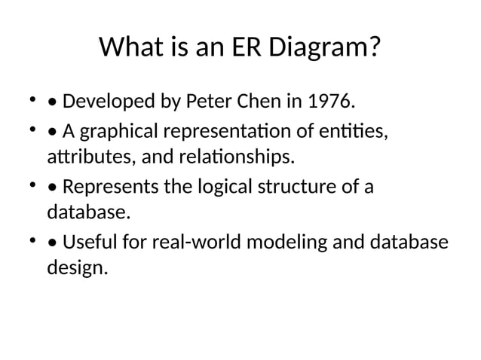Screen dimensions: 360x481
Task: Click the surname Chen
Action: pyautogui.click(x=263, y=101)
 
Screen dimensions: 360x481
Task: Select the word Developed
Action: pyautogui.click(x=106, y=101)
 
